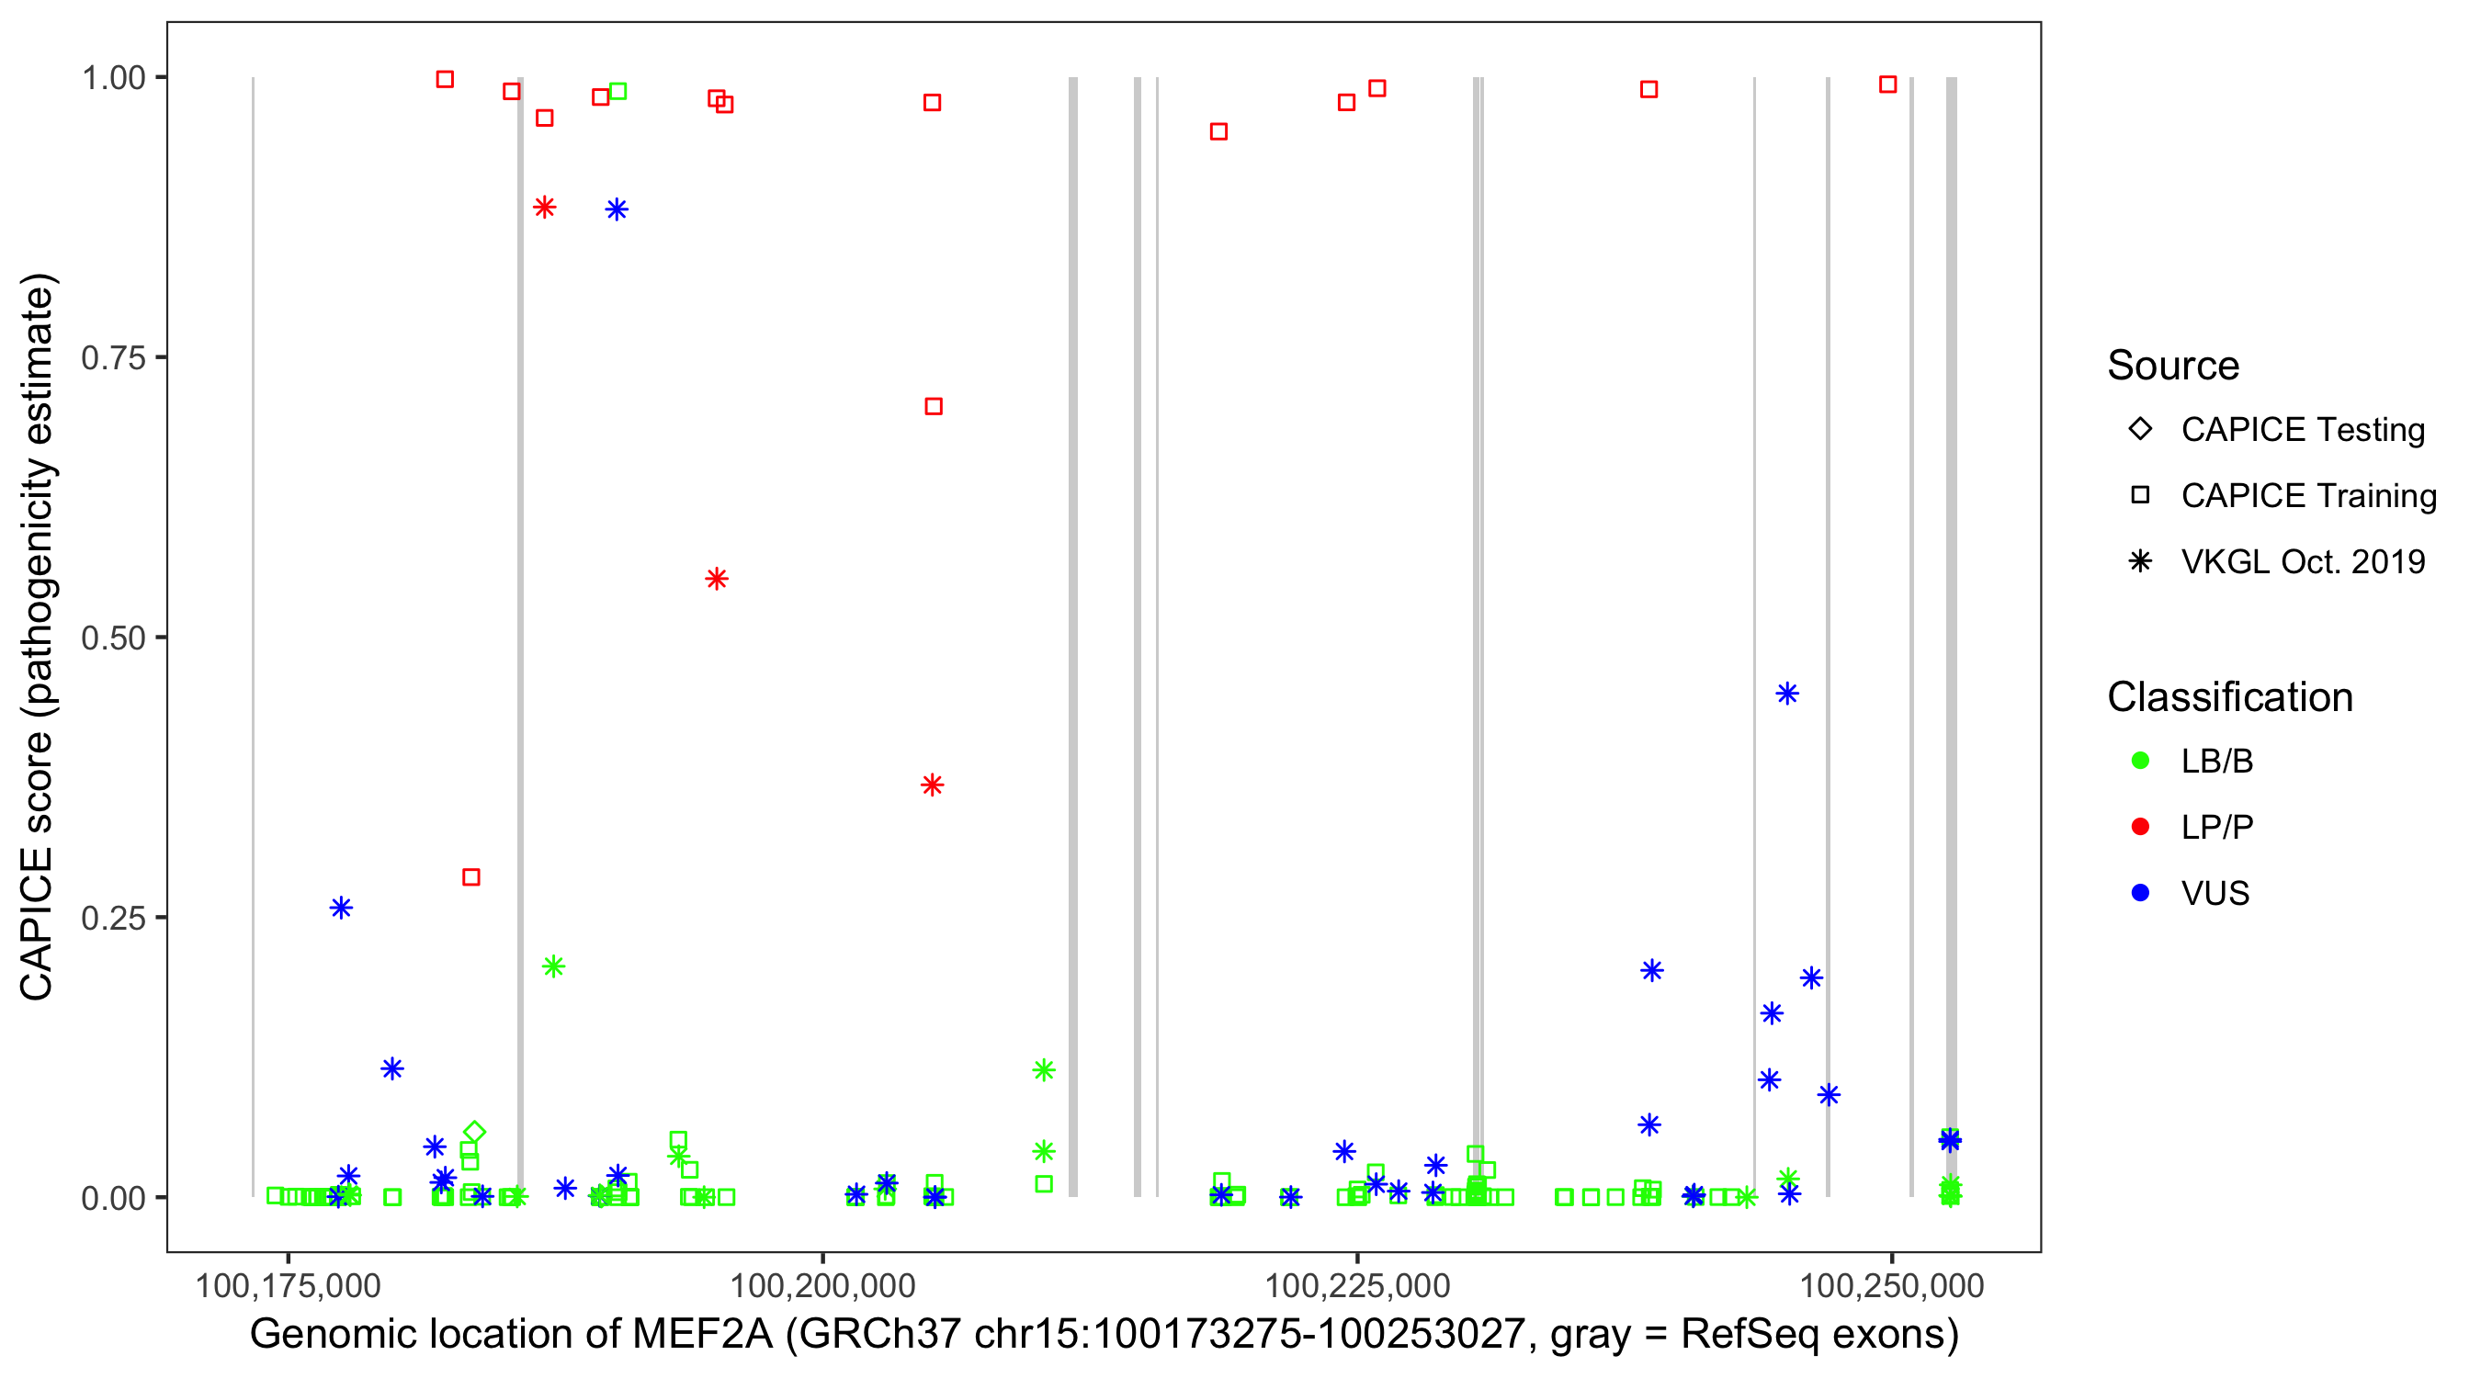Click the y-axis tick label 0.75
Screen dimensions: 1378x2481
click(x=112, y=357)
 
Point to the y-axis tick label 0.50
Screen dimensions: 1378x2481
click(x=112, y=638)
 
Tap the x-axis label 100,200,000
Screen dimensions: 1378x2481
click(x=821, y=1285)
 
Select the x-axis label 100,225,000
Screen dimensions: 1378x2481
click(x=1357, y=1285)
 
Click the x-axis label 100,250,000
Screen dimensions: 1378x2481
click(x=1892, y=1285)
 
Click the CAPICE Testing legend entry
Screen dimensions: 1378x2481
click(x=2302, y=430)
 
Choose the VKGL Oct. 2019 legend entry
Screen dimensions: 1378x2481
click(x=2302, y=561)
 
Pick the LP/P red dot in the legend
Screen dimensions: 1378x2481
click(x=2141, y=827)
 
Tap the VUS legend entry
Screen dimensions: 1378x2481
click(x=2215, y=894)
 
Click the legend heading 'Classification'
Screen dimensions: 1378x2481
click(x=2229, y=697)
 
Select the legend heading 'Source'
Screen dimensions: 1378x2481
click(x=2173, y=366)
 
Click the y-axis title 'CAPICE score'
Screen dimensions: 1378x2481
click(x=39, y=637)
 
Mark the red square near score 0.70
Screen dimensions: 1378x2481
click(x=934, y=406)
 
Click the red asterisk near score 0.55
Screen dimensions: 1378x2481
click(x=717, y=579)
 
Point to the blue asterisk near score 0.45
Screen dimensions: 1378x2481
click(x=1786, y=694)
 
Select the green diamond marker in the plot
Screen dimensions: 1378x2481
click(x=474, y=1133)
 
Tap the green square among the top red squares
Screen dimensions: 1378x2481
click(x=618, y=92)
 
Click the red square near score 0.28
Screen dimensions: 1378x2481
click(x=471, y=877)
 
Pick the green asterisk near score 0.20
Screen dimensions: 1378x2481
click(x=553, y=966)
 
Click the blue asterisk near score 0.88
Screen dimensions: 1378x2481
click(x=617, y=210)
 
